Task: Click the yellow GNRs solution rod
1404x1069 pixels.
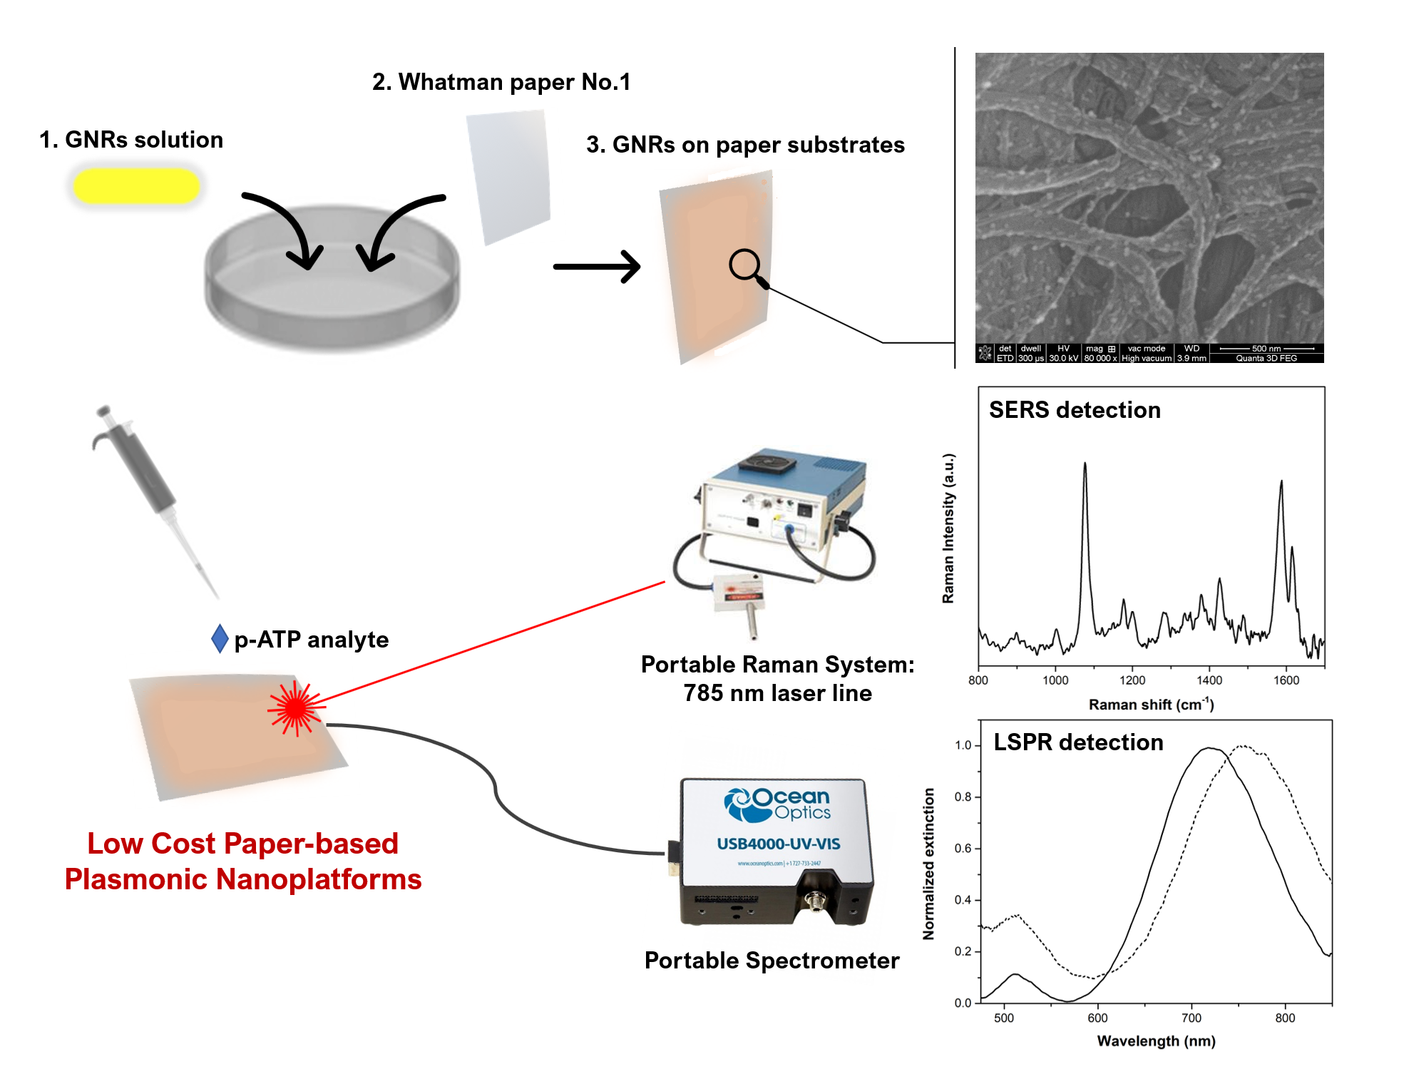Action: click(135, 186)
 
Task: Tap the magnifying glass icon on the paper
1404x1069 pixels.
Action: click(745, 265)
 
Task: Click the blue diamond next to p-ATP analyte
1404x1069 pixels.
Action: click(220, 638)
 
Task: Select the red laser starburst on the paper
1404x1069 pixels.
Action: click(294, 708)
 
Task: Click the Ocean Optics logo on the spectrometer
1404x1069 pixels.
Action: click(777, 804)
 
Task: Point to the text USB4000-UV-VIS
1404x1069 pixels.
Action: click(778, 844)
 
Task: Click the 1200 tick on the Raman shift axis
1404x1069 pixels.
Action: click(1132, 680)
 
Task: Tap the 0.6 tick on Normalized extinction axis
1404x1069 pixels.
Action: click(963, 848)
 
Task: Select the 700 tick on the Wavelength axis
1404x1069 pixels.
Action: click(1191, 1018)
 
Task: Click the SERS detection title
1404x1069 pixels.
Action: click(1074, 410)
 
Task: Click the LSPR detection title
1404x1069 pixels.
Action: click(1077, 742)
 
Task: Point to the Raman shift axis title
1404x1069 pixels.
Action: click(1150, 705)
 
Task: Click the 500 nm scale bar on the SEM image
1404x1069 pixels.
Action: click(1266, 349)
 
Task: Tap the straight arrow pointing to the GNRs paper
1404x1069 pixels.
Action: click(597, 267)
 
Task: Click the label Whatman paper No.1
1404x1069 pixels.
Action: click(501, 82)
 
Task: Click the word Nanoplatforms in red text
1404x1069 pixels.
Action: click(319, 879)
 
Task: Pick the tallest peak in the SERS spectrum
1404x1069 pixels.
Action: click(1085, 465)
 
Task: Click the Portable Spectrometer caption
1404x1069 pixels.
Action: click(772, 961)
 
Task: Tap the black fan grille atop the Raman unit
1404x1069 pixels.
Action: click(766, 464)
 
